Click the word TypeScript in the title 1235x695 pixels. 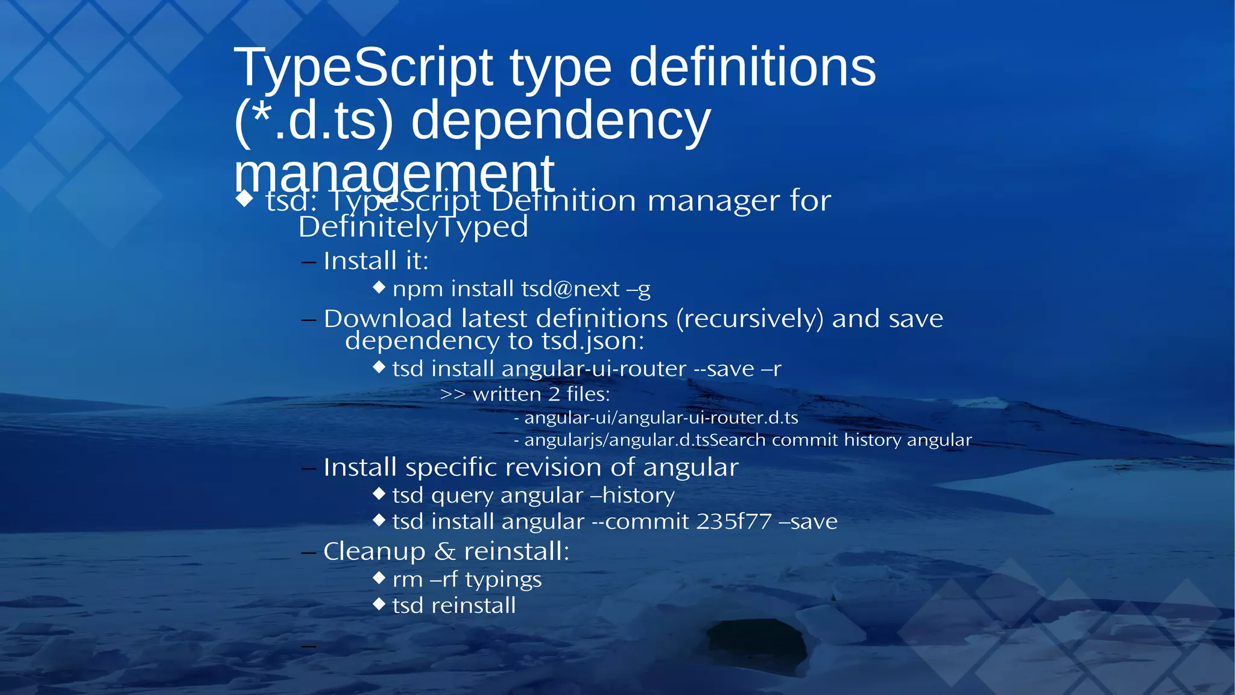point(363,68)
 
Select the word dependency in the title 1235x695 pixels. point(560,121)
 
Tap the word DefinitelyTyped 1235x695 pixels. point(413,227)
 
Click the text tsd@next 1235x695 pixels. point(570,289)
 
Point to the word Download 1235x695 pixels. point(388,319)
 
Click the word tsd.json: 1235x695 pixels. point(593,341)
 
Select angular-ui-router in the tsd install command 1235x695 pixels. point(593,369)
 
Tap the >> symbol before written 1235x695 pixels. point(452,395)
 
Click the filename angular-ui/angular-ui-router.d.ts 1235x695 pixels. point(661,417)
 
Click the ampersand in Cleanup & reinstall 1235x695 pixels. point(444,551)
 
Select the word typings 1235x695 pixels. point(503,580)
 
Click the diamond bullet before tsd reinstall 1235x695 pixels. point(379,604)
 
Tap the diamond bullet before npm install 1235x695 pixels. point(379,287)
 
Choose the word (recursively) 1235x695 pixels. point(750,319)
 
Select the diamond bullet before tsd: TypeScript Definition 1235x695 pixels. point(244,198)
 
